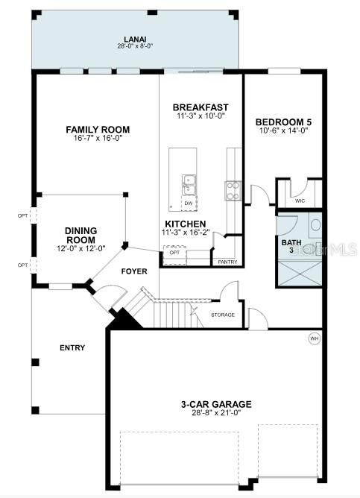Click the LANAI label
134,40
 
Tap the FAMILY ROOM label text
97,129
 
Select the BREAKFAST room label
200,107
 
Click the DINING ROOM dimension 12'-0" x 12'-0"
80,248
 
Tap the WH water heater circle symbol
314,338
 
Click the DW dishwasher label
188,203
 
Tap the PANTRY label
227,262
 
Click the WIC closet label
300,201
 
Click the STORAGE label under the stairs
222,315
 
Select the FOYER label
134,271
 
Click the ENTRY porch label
72,347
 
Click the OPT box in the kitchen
174,252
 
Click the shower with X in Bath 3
300,270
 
